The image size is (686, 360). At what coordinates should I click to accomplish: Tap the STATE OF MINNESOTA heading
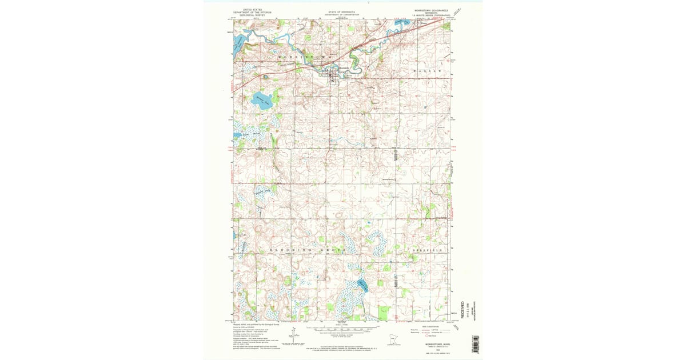click(342, 11)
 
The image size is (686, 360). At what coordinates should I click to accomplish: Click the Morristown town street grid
click(333, 74)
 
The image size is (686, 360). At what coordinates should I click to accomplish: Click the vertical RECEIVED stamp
click(462, 310)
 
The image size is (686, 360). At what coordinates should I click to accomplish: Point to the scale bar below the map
click(342, 330)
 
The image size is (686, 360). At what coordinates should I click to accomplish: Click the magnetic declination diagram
click(293, 336)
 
